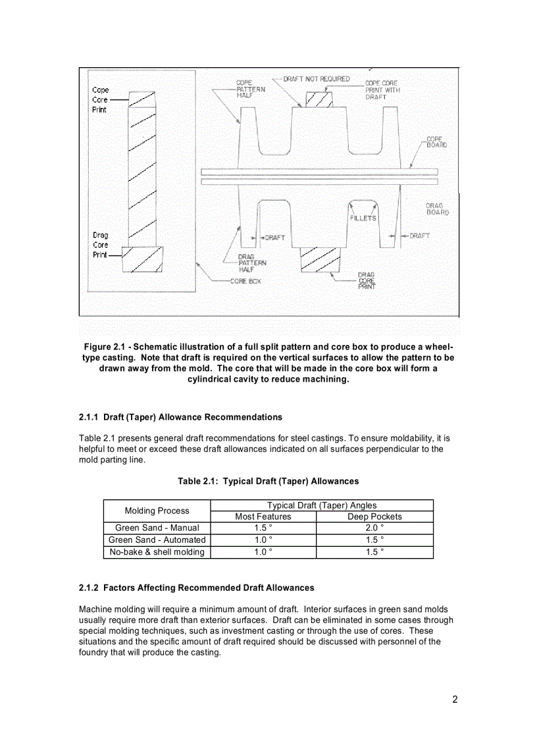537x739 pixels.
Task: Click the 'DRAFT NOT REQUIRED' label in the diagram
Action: pyautogui.click(x=317, y=79)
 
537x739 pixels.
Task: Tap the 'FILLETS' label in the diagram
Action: pyautogui.click(x=363, y=218)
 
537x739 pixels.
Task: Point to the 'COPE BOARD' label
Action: pyautogui.click(x=436, y=142)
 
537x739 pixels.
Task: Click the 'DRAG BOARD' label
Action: pyautogui.click(x=437, y=209)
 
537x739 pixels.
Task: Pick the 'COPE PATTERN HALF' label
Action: pyautogui.click(x=251, y=89)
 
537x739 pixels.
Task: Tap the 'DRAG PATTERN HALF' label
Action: pyautogui.click(x=252, y=263)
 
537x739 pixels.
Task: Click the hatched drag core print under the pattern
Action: pyautogui.click(x=320, y=259)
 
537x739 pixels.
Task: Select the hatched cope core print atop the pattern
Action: pyautogui.click(x=318, y=98)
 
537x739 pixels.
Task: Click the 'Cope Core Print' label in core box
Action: pyautogui.click(x=101, y=99)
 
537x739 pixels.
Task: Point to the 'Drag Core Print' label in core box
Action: pyautogui.click(x=101, y=245)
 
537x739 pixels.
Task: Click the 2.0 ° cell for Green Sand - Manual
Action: pyautogui.click(x=374, y=528)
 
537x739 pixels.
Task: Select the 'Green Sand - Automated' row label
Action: pyautogui.click(x=157, y=540)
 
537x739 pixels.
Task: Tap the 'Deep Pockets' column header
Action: pyautogui.click(x=374, y=517)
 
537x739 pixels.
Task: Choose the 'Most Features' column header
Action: pyautogui.click(x=263, y=517)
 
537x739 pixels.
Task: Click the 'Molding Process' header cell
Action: pyautogui.click(x=157, y=511)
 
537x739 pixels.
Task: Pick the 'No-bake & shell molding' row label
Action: pyautogui.click(x=157, y=552)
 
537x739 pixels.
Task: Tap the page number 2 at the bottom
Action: pyautogui.click(x=455, y=700)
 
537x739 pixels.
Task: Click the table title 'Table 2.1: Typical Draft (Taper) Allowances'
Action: pyautogui.click(x=268, y=482)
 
